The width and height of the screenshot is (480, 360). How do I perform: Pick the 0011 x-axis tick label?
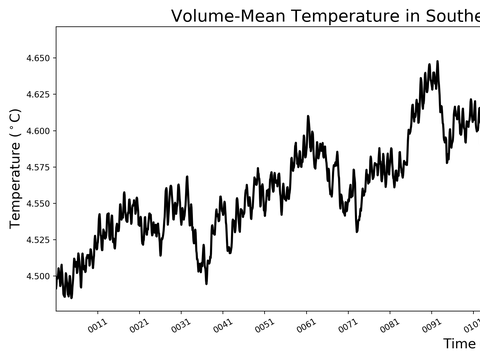point(97,325)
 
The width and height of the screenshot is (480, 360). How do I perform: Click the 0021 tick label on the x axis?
point(139,325)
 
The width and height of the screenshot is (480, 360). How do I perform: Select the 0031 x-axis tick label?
point(181,325)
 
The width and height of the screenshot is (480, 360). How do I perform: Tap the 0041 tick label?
point(223,325)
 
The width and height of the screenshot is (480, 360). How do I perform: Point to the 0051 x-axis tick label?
point(264,325)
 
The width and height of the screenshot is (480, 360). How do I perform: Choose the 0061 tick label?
point(306,325)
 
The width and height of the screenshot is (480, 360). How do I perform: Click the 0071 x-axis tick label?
point(348,325)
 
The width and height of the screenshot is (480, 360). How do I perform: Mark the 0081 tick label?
point(390,325)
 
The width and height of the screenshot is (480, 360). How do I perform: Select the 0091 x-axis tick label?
point(432,325)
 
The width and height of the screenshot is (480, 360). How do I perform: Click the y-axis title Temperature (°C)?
point(15,168)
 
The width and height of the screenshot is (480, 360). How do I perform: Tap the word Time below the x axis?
point(459,344)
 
